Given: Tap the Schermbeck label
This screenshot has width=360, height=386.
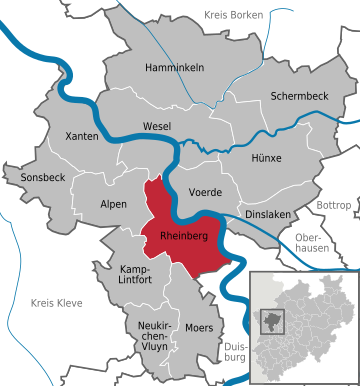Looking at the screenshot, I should click(298, 96).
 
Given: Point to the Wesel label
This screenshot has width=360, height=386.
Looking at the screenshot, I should click(157, 126).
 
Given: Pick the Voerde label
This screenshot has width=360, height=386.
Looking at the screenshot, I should click(205, 191).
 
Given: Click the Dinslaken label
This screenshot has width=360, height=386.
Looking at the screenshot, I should click(267, 215).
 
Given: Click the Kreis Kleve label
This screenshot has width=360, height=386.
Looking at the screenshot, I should click(50, 302).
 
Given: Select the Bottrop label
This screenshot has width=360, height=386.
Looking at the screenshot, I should click(333, 205).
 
